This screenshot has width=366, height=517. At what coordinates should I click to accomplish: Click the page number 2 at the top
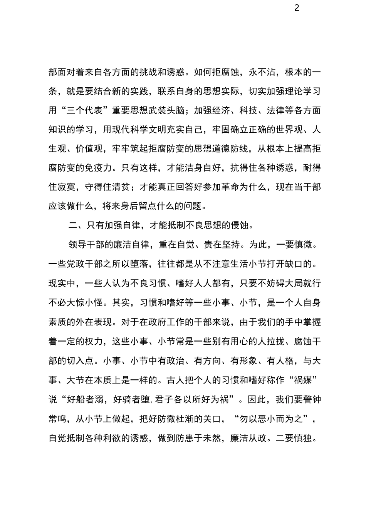tap(296, 8)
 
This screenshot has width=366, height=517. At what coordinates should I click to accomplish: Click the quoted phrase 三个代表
tap(85, 110)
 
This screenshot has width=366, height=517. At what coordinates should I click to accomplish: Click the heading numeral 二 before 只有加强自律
tap(72, 225)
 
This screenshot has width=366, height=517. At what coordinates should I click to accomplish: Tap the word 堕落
tap(144, 264)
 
